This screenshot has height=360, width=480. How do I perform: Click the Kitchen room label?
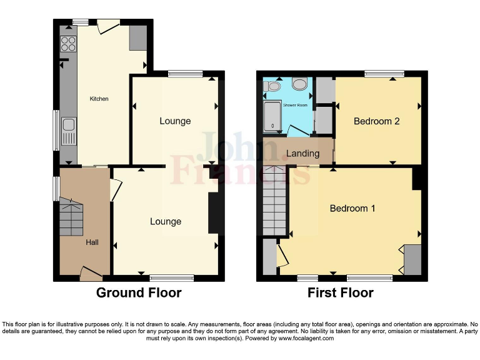click(99, 99)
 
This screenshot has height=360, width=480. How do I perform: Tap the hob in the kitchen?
click(68, 44)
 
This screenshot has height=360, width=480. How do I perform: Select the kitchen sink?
click(68, 132)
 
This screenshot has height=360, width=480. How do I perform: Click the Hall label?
click(92, 242)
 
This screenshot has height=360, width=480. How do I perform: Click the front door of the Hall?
click(91, 271)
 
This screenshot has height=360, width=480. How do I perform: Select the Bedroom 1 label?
click(352, 208)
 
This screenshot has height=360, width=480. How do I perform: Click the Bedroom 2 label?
click(376, 121)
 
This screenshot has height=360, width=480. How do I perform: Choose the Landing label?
click(302, 153)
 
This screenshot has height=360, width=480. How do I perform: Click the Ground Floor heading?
click(139, 292)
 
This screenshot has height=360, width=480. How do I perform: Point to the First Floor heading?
click(341, 292)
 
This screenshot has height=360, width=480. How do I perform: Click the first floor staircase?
click(274, 200)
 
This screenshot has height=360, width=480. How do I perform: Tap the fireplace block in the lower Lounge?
click(214, 212)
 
